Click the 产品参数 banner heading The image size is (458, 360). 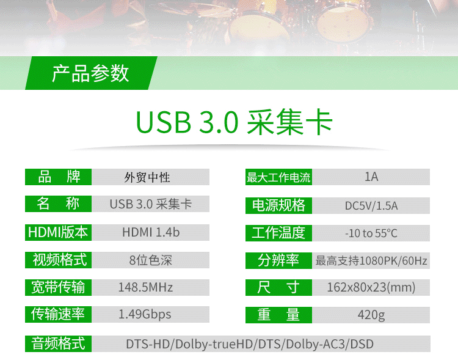tap(90, 73)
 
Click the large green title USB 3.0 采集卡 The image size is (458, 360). tap(234, 122)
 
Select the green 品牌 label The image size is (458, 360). tap(59, 177)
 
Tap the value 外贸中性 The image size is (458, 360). tap(147, 177)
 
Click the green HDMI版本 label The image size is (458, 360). tap(59, 232)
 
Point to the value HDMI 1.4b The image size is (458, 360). tap(151, 232)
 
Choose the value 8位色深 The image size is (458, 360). tap(151, 260)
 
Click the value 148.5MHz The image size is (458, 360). tap(145, 287)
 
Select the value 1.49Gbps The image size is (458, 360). tap(145, 314)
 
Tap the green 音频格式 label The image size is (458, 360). tap(59, 343)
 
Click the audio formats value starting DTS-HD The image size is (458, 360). tap(250, 344)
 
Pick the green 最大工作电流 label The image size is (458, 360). tap(278, 177)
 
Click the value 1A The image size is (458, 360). tap(371, 177)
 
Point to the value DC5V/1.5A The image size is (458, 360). tap(371, 206)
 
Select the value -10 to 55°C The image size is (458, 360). tap(371, 233)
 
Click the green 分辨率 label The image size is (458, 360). tap(278, 260)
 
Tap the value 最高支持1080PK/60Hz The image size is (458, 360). tap(371, 260)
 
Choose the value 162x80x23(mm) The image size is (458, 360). tap(371, 287)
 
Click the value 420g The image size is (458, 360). tap(371, 315)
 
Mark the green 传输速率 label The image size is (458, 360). tap(59, 314)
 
